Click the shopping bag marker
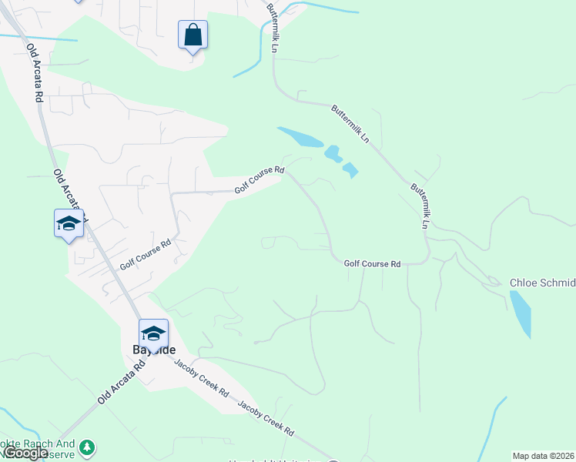[x=193, y=35]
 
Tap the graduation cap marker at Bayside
[x=153, y=334]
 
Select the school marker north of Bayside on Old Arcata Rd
[x=69, y=224]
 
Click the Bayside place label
[x=143, y=348]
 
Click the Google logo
[x=25, y=453]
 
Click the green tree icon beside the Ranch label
[x=88, y=447]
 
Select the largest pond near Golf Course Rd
[x=300, y=137]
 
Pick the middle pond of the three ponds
[x=333, y=153]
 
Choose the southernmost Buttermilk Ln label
[x=419, y=206]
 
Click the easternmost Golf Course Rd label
[x=372, y=263]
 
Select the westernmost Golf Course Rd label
[x=144, y=254]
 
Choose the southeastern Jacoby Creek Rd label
[x=266, y=418]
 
